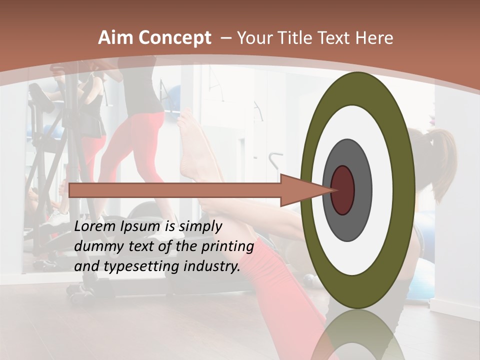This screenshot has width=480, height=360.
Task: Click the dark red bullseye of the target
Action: [343, 190]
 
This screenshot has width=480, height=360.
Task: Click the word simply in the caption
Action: [200, 226]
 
